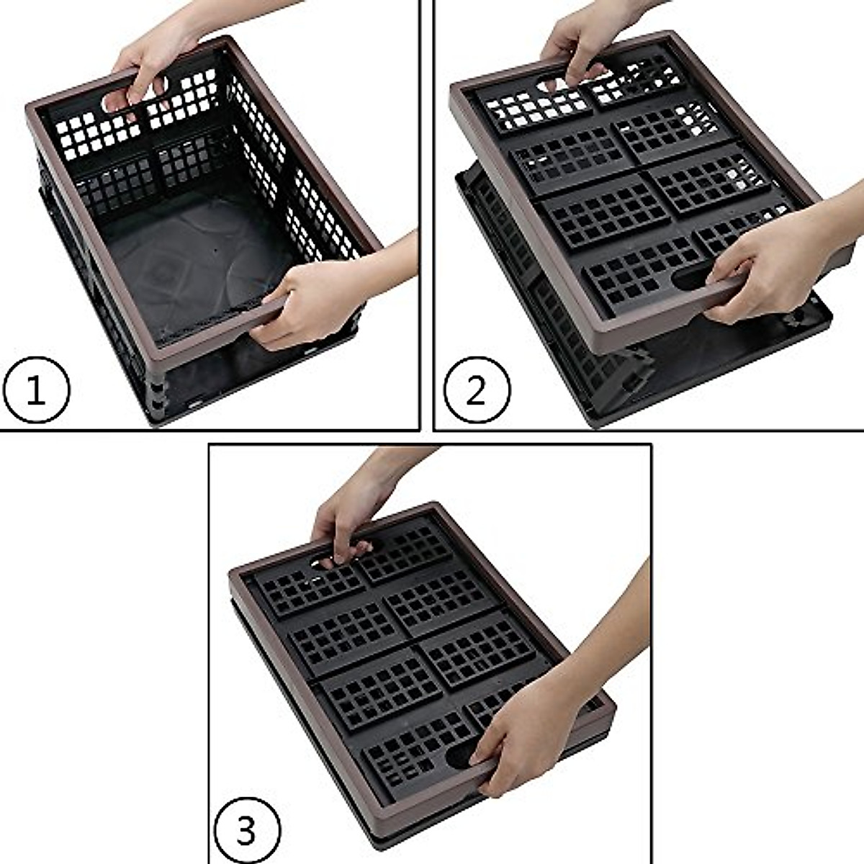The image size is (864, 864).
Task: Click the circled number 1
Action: click(x=36, y=390)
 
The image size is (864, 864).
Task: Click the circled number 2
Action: click(x=476, y=390)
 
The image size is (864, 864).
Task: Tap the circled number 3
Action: click(x=246, y=829)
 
